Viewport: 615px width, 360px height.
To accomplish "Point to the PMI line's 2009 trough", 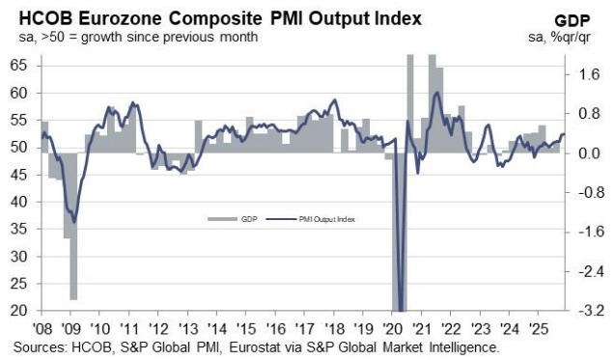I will [74, 222].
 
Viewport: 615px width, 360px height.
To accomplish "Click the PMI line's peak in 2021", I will [437, 93].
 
